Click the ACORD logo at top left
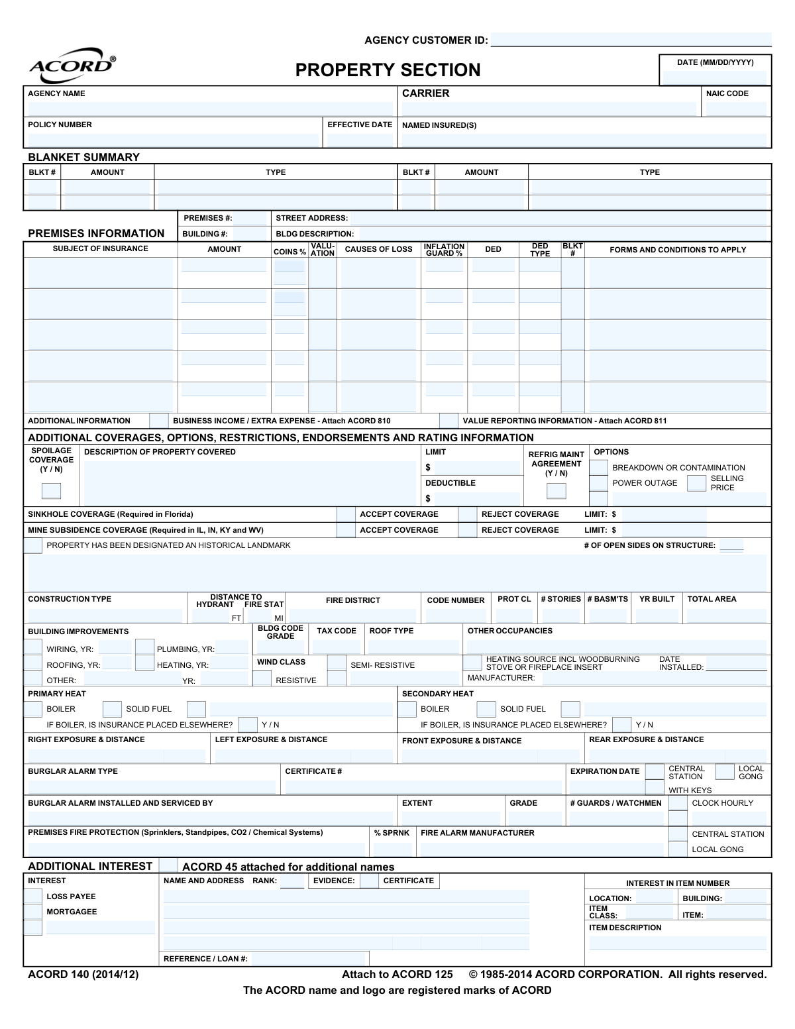tap(72, 65)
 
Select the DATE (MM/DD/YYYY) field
tap(715, 77)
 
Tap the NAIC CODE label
tap(727, 93)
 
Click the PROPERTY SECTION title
tap(388, 70)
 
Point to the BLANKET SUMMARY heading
tap(83, 157)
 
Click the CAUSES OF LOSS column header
tap(378, 249)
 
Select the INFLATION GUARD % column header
tap(444, 250)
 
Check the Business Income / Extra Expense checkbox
tap(159, 421)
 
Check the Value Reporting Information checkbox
tap(449, 421)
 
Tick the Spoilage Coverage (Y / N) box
tap(51, 491)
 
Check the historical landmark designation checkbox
tap(32, 546)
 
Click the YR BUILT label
tap(657, 599)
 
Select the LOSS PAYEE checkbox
tap(32, 896)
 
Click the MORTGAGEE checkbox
tap(32, 912)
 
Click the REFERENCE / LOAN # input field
tap(309, 959)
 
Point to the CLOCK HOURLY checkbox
tap(678, 803)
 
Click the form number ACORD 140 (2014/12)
tap(83, 974)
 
